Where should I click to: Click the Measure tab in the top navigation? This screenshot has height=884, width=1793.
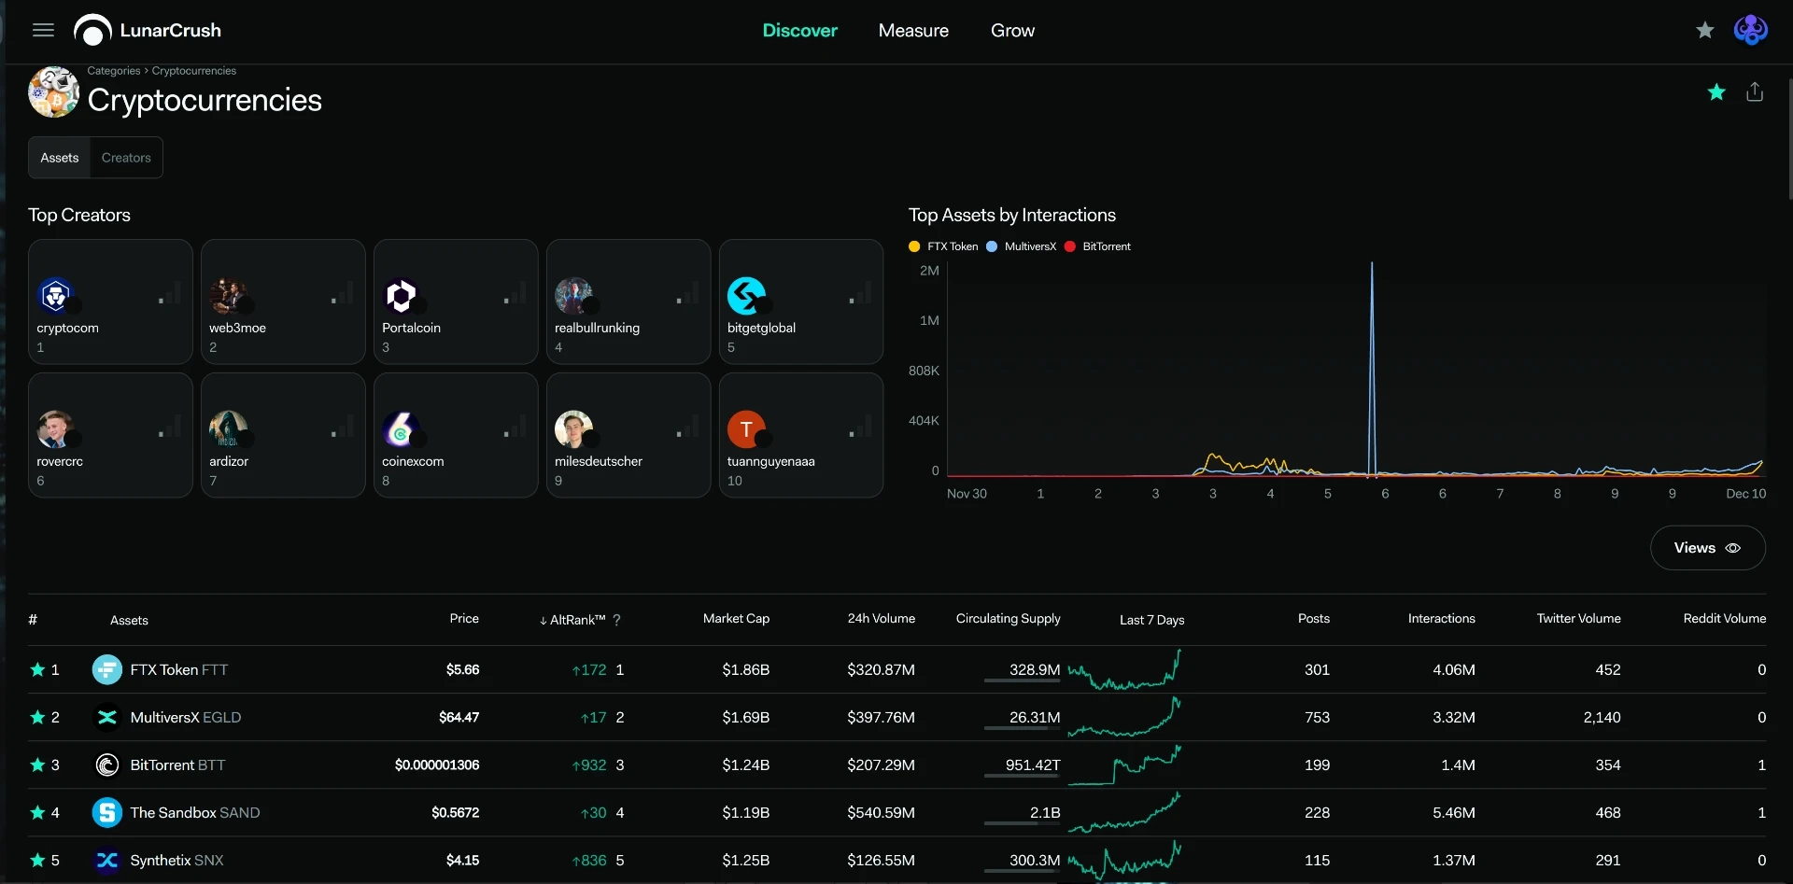(x=913, y=31)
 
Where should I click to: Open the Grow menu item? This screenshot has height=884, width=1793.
(x=1012, y=31)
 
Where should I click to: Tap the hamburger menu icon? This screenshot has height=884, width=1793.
(x=43, y=30)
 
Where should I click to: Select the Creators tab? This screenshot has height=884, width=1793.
(x=126, y=158)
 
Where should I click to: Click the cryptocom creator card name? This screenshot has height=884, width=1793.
(x=67, y=328)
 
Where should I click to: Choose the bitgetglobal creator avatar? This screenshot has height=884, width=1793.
(x=746, y=296)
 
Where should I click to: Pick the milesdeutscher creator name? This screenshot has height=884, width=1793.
(x=599, y=461)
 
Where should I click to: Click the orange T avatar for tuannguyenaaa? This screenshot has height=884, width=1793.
(x=746, y=429)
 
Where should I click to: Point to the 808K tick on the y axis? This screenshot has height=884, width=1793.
(x=924, y=371)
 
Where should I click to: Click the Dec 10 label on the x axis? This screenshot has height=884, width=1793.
(x=1745, y=494)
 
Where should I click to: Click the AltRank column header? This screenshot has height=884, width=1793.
(x=578, y=620)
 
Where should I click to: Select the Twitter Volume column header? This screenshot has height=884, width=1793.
(x=1579, y=619)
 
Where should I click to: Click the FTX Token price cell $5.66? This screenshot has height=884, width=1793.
(x=462, y=669)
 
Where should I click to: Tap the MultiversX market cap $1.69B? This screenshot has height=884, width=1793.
(x=746, y=717)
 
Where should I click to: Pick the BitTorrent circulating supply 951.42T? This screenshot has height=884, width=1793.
(x=1033, y=765)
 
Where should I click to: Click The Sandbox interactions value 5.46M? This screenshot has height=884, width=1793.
(x=1454, y=812)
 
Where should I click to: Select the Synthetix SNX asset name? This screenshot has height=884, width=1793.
(x=177, y=860)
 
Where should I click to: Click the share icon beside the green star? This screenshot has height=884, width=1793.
(x=1755, y=91)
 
